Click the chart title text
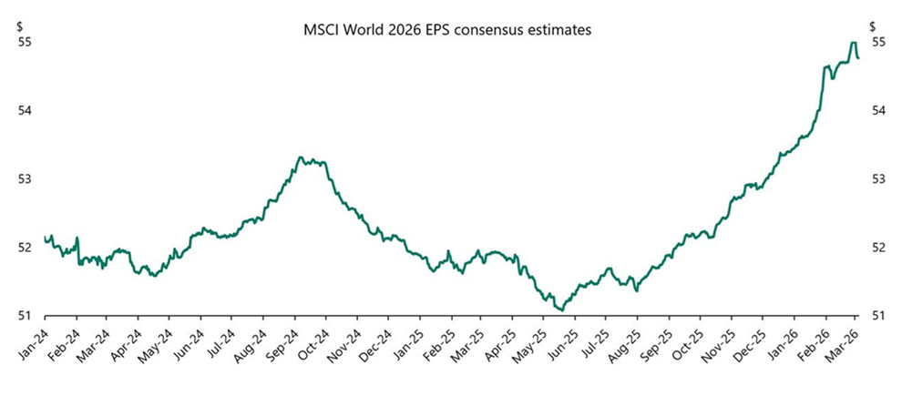447,30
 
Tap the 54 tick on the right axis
878,110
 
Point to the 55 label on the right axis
878,42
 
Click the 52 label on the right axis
878,248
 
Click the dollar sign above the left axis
20,26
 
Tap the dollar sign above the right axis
875,26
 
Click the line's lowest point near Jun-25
561,310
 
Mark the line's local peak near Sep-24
301,157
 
